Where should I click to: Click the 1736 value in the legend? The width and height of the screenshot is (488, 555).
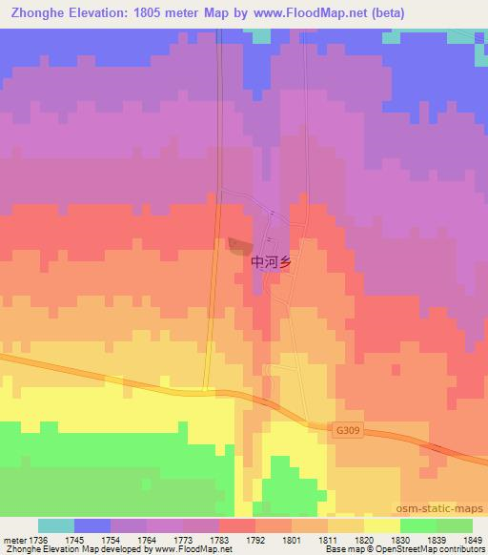click(39, 540)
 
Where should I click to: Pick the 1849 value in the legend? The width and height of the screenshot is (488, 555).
click(473, 540)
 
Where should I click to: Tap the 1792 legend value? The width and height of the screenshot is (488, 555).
click(255, 540)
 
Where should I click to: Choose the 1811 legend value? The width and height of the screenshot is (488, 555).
click(328, 540)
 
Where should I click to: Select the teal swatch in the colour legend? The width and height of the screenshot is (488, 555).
click(56, 525)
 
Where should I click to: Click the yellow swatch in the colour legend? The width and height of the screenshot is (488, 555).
click(382, 525)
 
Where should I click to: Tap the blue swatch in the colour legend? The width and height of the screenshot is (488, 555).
click(92, 525)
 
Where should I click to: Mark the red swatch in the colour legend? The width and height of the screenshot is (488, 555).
click(237, 525)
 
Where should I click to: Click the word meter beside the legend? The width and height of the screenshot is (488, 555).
click(12, 540)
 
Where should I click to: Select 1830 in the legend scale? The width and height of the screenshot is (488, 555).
click(400, 540)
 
